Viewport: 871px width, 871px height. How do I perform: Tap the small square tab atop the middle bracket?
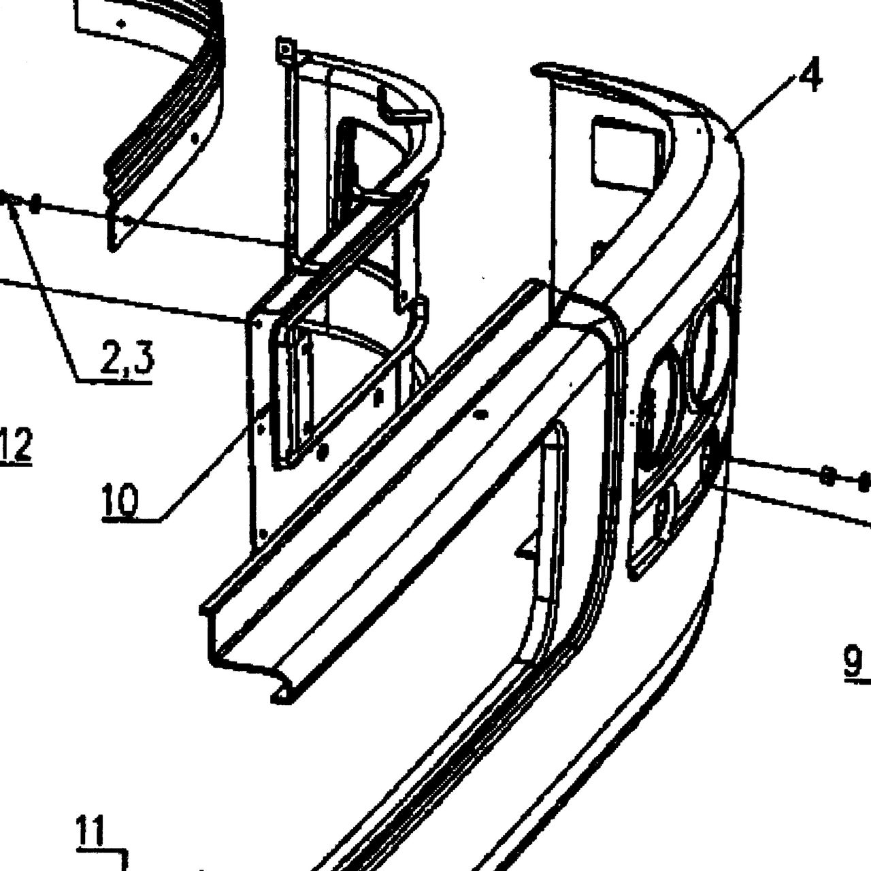point(284,47)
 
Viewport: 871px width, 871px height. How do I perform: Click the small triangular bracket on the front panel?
point(526,548)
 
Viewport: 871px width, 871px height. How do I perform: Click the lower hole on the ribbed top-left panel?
point(129,221)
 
